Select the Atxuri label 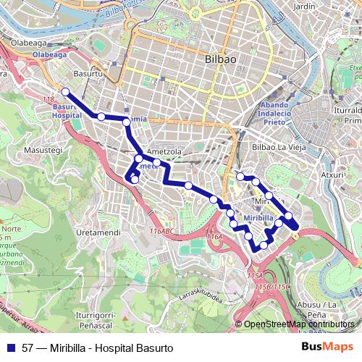[x=332, y=174]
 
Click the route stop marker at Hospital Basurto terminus [x=65, y=91]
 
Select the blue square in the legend [x=9, y=348]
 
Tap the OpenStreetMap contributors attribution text [x=298, y=324]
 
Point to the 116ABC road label [x=161, y=231]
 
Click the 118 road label [x=49, y=98]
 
